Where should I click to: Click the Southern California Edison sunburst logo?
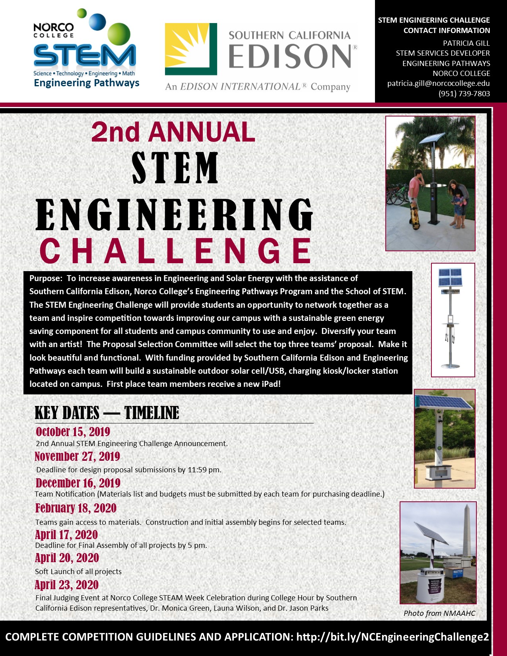point(191,49)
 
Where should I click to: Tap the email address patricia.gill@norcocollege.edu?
point(438,83)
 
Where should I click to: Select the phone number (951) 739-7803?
point(464,94)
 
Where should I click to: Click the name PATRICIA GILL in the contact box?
point(466,43)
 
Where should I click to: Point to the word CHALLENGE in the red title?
point(175,251)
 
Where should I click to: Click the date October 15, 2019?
point(73,432)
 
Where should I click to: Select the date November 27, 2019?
point(77,456)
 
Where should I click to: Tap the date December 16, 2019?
point(78,483)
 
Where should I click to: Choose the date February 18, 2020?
point(76,508)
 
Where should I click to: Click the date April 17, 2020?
point(66,535)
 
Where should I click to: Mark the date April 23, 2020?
point(67,585)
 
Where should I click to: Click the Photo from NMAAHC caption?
point(439,613)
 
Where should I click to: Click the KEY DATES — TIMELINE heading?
point(107,413)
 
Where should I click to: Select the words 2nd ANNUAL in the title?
point(173,132)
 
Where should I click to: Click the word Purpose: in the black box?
point(46,278)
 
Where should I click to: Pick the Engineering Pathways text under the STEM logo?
point(87,83)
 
